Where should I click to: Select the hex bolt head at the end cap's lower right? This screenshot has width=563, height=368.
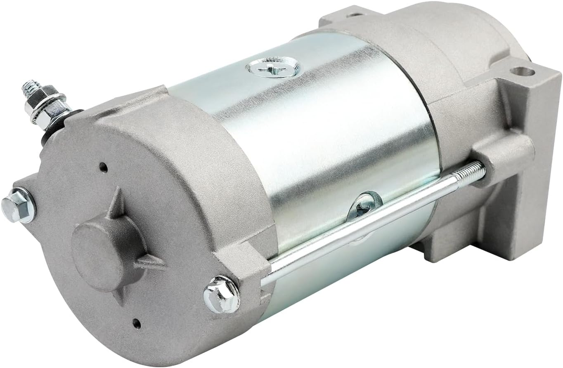[221, 294]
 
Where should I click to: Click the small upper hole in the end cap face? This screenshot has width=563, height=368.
[103, 167]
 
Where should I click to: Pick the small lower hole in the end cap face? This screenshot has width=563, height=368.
[137, 323]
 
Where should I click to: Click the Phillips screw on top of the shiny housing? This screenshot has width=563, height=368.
[271, 67]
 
